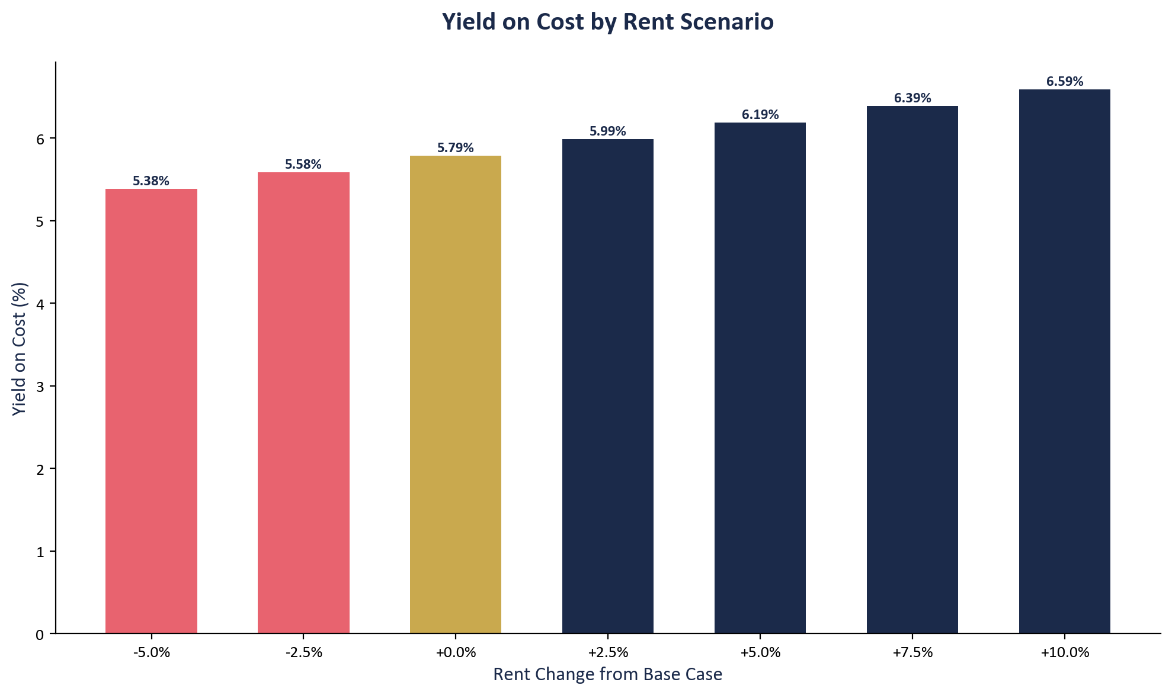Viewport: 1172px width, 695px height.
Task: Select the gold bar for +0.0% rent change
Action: click(455, 394)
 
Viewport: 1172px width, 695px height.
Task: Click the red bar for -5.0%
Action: click(151, 411)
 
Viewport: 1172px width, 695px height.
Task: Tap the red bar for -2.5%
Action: click(303, 403)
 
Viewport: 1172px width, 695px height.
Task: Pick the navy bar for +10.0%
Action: click(1064, 361)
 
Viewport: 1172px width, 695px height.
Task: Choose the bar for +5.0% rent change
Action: click(760, 378)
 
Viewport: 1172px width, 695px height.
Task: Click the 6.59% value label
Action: click(1064, 82)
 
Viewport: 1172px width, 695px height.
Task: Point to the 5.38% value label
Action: click(151, 181)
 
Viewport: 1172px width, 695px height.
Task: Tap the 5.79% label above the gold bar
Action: click(455, 148)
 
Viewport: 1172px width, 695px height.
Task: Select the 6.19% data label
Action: click(760, 115)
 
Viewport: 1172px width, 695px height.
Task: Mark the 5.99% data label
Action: click(607, 131)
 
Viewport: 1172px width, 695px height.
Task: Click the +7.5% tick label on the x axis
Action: click(912, 653)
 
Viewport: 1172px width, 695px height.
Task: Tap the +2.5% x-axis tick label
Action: click(608, 653)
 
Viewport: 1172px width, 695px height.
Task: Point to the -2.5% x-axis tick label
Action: click(303, 653)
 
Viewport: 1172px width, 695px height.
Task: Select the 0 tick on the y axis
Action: click(40, 635)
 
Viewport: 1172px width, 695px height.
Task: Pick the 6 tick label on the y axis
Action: click(40, 139)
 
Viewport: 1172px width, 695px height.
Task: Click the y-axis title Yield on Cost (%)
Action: click(20, 349)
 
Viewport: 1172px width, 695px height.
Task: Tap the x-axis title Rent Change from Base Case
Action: click(607, 674)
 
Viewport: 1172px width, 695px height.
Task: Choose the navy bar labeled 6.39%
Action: click(912, 369)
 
